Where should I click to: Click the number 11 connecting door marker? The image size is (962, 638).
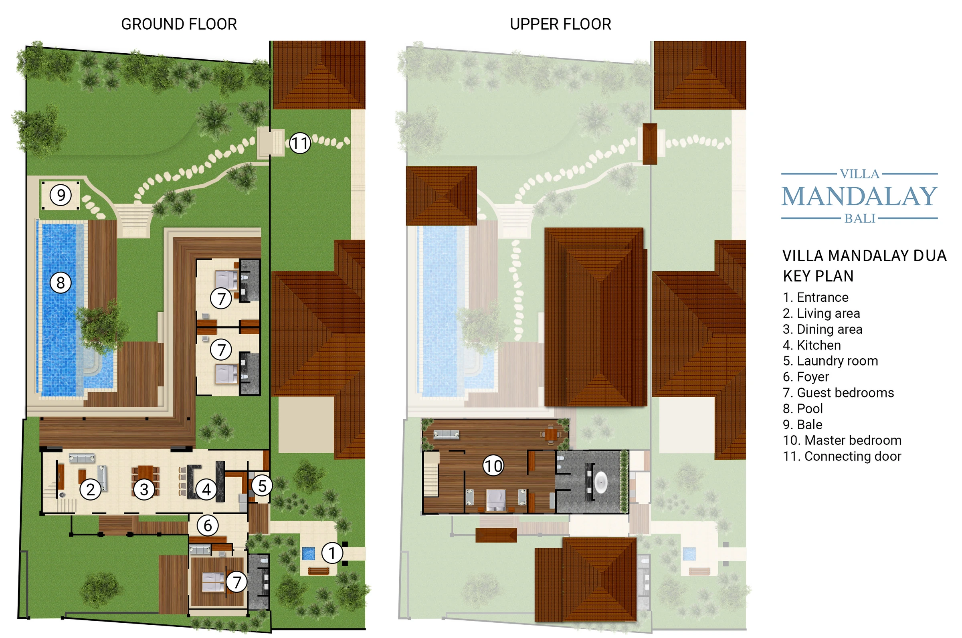coord(300,143)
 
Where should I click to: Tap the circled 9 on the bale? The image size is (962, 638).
coord(61,195)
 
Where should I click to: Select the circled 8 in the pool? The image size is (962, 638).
coord(61,283)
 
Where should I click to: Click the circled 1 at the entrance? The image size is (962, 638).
coord(332,553)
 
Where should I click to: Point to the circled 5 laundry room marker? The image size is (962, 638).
coord(262,486)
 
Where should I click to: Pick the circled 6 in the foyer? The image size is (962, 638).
coord(208,526)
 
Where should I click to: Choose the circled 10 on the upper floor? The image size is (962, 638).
coord(493,466)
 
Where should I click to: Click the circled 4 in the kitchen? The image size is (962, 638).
coord(206,489)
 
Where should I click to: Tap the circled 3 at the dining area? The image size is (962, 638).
coord(144,489)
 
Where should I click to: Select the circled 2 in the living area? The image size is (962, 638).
coord(90,489)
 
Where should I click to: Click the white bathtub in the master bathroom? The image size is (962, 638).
coord(601,483)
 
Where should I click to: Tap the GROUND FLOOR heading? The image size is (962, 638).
coord(179,24)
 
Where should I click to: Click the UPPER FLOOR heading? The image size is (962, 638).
coord(560,24)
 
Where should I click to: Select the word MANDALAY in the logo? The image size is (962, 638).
coord(859,196)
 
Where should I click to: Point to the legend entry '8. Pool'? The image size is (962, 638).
coord(802,408)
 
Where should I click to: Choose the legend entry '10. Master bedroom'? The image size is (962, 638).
coord(842,440)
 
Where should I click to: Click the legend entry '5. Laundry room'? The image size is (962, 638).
coord(830,361)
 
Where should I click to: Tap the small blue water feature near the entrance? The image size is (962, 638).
coord(309,553)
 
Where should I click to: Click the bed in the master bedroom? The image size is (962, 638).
coord(496,500)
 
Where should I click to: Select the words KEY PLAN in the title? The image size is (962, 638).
coord(818,276)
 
